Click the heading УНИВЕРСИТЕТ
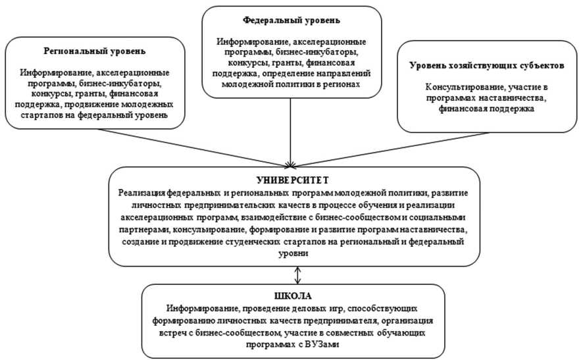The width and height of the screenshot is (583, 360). point(291,179)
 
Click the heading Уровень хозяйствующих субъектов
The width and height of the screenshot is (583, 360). point(487,66)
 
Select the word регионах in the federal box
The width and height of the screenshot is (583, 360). point(338,84)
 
